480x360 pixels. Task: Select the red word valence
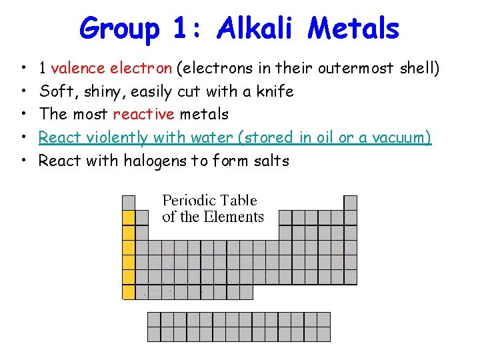click(x=75, y=67)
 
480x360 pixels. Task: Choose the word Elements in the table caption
click(x=233, y=217)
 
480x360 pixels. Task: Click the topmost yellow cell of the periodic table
click(x=129, y=217)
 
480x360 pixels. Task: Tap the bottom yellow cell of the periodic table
click(x=129, y=291)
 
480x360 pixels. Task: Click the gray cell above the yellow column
click(x=129, y=202)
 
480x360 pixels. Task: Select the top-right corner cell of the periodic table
click(x=350, y=202)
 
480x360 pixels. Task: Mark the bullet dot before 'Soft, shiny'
click(x=23, y=91)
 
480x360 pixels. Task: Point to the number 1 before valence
click(x=43, y=67)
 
